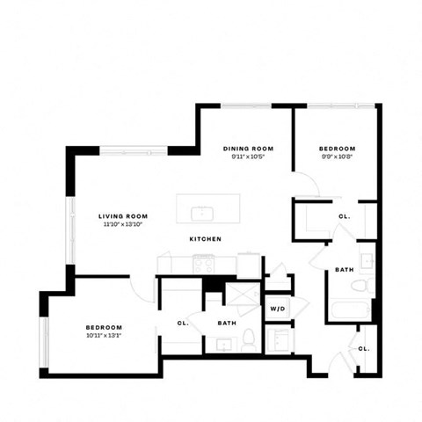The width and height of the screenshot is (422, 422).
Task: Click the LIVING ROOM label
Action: coord(122,215)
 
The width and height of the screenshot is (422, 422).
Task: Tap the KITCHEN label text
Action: coord(205,239)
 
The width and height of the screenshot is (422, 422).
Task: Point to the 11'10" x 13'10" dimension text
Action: coord(122,225)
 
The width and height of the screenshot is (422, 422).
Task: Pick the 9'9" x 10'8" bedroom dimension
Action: coord(337,157)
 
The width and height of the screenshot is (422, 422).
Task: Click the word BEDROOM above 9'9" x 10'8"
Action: coord(337,149)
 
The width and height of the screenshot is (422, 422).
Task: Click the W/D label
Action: coord(278,309)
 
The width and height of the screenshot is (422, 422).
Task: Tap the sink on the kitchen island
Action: coord(202,212)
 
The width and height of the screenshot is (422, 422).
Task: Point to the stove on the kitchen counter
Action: coord(204,263)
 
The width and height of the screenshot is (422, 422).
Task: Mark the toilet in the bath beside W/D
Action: coord(250,338)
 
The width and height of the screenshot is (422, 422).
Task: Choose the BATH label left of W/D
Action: coord(227,323)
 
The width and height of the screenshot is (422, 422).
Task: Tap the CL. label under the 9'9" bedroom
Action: coord(344,216)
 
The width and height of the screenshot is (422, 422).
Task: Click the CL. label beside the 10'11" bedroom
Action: coord(183,323)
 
